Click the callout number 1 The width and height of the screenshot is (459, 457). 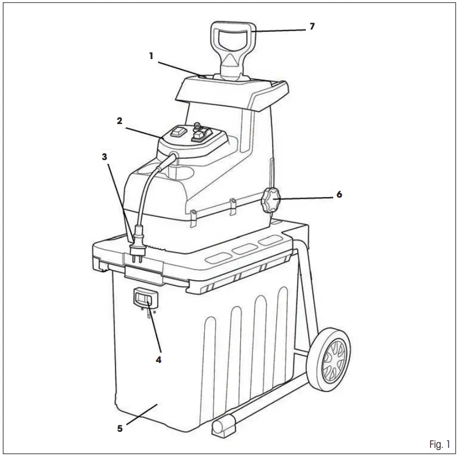151,55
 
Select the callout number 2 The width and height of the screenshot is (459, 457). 119,121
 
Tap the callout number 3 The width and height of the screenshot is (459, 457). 105,157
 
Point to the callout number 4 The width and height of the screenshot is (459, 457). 159,359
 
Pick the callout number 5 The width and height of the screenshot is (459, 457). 120,428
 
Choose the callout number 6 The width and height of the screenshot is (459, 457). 339,194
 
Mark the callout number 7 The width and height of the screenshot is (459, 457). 312,26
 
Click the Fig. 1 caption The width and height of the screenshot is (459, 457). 439,444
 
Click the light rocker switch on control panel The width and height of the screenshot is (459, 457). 178,132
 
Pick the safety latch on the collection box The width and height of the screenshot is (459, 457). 144,299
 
